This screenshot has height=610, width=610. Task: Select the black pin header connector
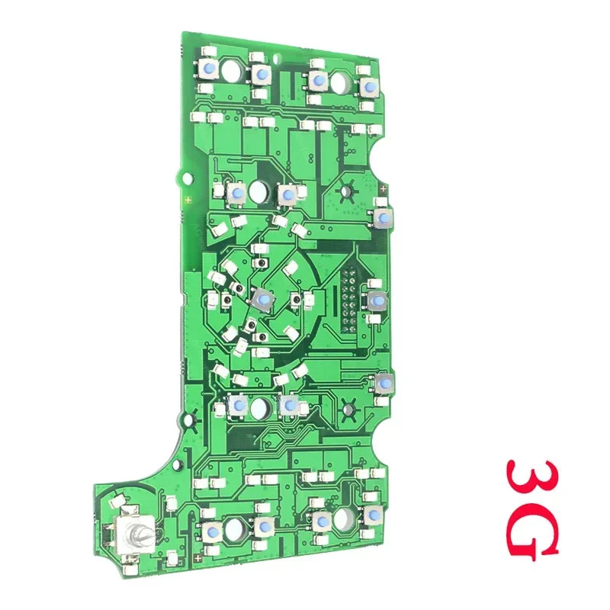(x=349, y=300)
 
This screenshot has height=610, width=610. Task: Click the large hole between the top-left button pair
(x=233, y=70)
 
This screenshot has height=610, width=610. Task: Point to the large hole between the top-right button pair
(x=339, y=82)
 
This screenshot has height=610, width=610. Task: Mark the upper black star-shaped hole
(x=345, y=191)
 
